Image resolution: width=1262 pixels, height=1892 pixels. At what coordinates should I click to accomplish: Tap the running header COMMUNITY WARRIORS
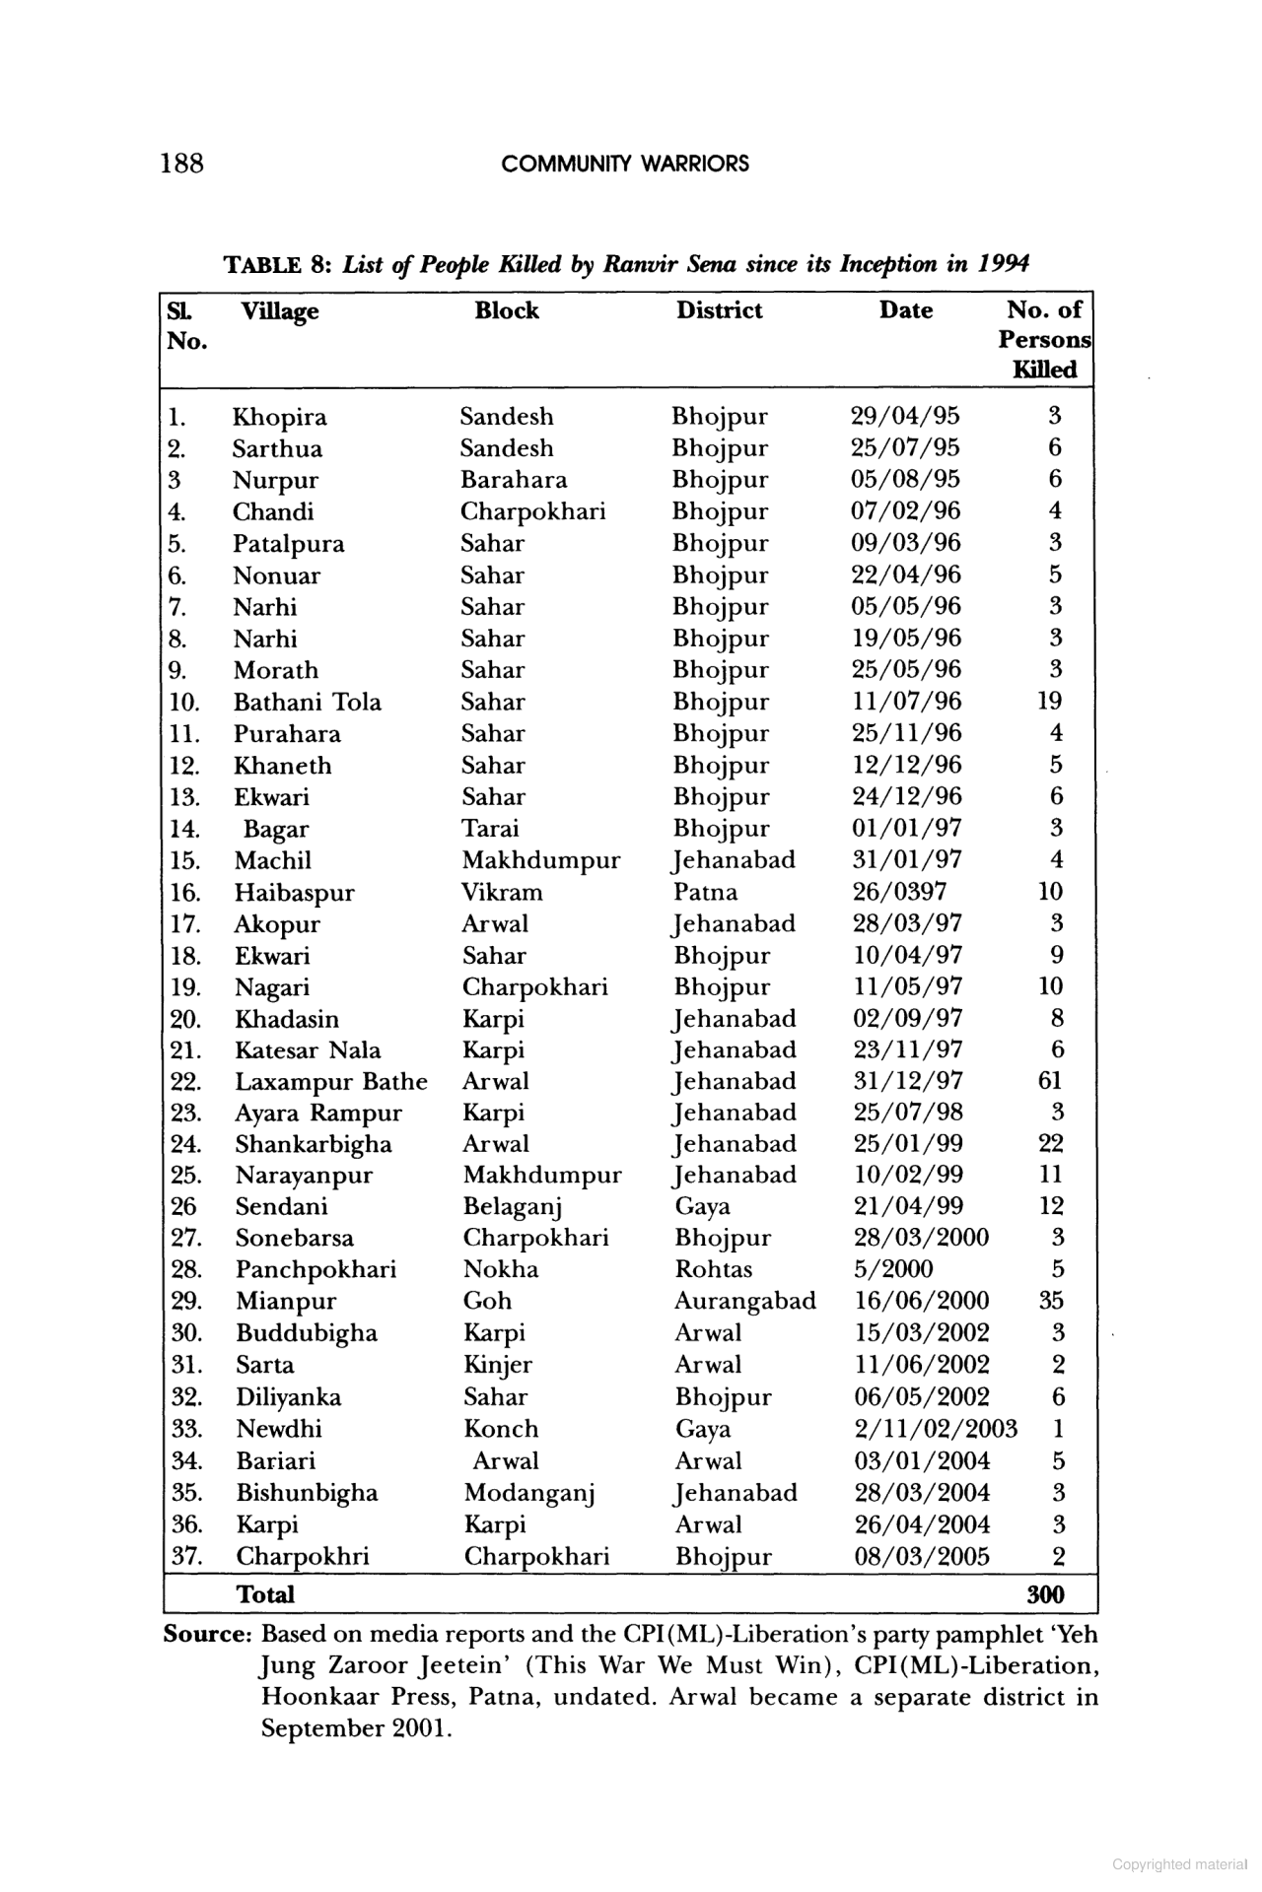[625, 164]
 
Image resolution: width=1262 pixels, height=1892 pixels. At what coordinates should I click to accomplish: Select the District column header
[719, 310]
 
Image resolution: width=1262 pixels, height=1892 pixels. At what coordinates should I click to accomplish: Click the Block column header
[507, 310]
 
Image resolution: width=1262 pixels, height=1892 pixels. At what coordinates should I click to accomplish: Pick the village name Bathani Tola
[307, 702]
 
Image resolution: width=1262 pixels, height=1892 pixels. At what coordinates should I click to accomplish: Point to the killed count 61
[1050, 1081]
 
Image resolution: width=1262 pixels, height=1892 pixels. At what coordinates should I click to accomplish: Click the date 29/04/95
[905, 416]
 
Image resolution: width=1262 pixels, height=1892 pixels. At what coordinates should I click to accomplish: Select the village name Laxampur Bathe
[330, 1082]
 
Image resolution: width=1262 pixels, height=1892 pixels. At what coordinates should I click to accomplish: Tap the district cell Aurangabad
[744, 1301]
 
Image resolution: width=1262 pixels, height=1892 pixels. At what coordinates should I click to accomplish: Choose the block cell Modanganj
[529, 1493]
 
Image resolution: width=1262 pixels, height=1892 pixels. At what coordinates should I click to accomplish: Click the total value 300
[1045, 1594]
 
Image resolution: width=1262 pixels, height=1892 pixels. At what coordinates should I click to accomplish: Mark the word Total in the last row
[265, 1594]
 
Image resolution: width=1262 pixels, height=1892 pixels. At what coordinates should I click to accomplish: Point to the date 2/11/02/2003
[936, 1429]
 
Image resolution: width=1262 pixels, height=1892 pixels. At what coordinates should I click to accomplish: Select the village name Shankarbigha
[313, 1144]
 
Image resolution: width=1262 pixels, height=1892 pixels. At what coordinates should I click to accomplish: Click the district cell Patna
[705, 892]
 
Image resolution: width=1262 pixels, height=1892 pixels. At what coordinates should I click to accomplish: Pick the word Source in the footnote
[207, 1634]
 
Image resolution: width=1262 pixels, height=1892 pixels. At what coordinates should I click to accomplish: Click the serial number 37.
[186, 1557]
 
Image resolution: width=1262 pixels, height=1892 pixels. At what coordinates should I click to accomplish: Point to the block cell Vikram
[502, 892]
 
